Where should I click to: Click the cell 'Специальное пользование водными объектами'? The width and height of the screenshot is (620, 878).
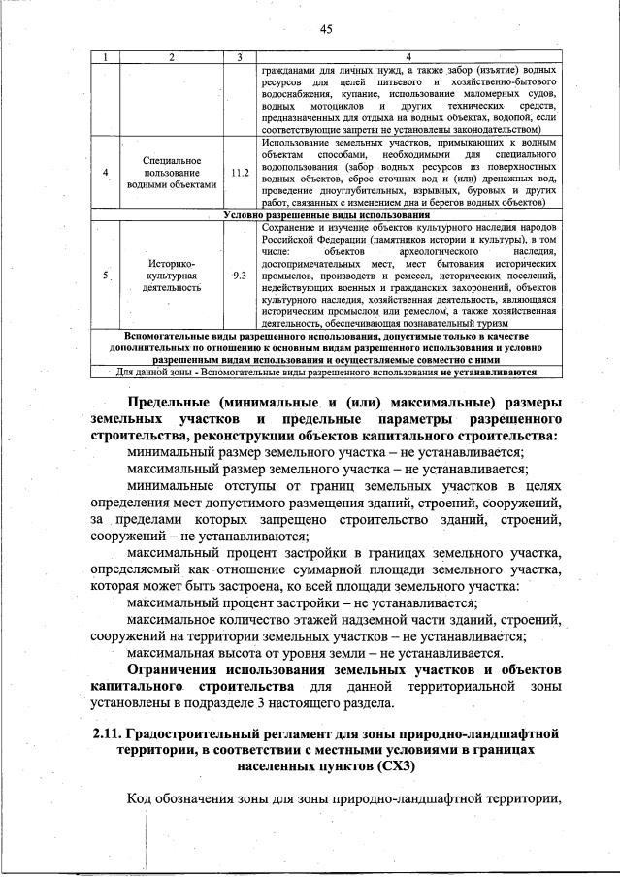[172, 173]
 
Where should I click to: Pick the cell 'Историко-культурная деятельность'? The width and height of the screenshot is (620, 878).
[172, 275]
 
